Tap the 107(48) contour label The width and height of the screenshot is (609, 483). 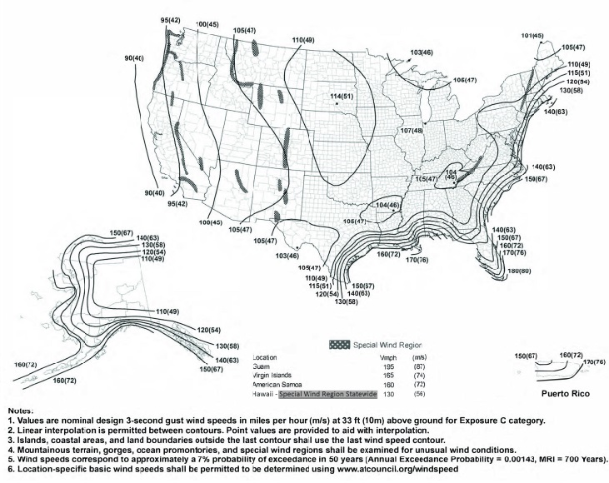[412, 131]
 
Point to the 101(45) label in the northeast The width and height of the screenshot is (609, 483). [532, 36]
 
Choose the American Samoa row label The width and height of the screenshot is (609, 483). [277, 386]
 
